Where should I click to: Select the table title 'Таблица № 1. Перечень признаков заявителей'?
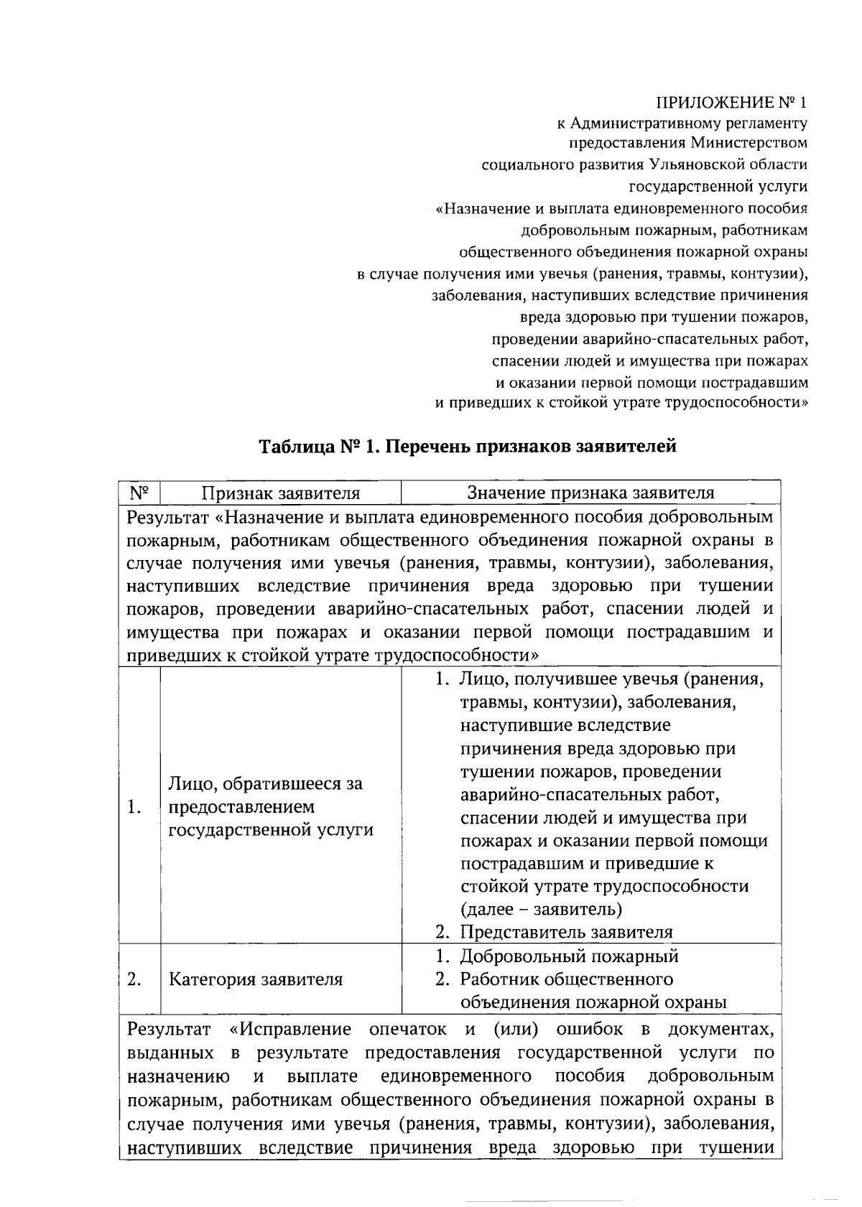click(468, 447)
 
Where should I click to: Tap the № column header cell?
click(139, 493)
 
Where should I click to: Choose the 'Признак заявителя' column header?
click(280, 493)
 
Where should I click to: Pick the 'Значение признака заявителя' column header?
click(590, 493)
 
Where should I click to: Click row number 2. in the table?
click(134, 979)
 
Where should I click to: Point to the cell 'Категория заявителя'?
click(255, 979)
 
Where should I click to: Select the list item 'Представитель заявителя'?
click(566, 932)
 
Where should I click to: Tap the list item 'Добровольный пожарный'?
click(569, 956)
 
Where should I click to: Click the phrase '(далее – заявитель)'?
click(541, 909)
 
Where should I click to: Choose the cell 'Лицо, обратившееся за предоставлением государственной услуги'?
click(271, 806)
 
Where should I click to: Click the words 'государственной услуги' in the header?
click(718, 187)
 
